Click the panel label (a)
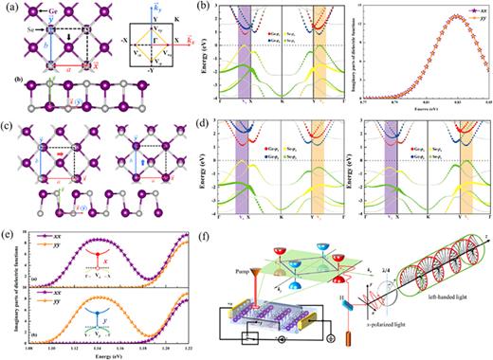tap(8, 6)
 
